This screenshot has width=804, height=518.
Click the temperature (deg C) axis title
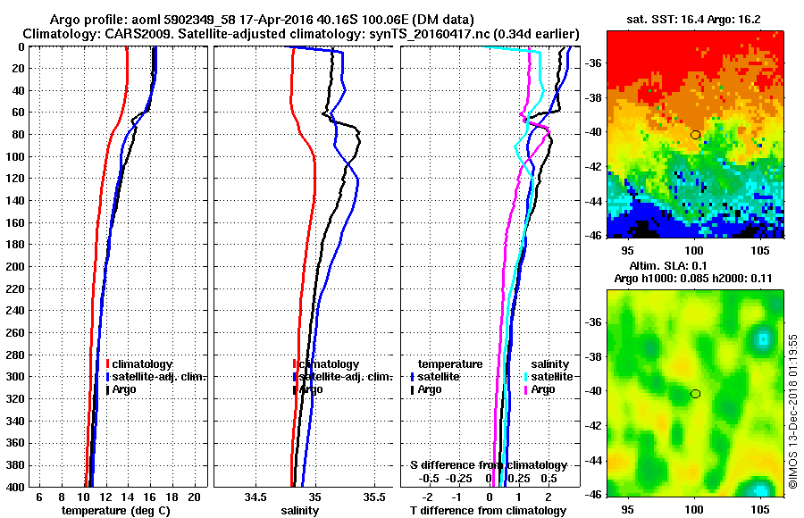[115, 511]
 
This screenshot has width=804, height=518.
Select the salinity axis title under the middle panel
[300, 511]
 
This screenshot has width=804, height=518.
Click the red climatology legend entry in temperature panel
[138, 364]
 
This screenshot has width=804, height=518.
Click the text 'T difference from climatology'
[488, 511]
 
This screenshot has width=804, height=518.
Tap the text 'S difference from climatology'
[488, 465]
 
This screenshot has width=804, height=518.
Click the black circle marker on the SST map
[695, 135]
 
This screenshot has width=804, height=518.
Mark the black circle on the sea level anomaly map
[695, 394]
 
